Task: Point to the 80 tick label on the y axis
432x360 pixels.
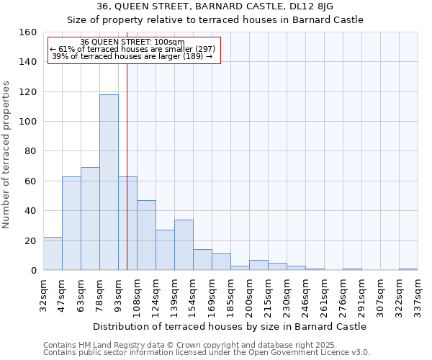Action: tap(31, 151)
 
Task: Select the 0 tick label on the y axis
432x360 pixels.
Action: tap(34, 271)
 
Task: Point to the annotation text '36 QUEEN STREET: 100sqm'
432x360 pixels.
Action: tap(132, 42)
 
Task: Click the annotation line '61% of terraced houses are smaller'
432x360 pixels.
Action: tap(132, 49)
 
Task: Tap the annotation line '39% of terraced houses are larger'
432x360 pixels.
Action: tap(132, 56)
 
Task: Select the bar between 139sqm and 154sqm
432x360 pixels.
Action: tap(184, 245)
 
